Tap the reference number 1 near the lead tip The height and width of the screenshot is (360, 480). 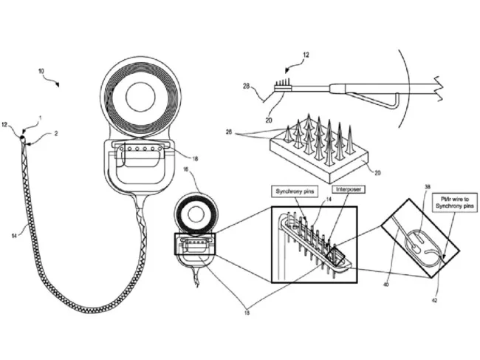40,119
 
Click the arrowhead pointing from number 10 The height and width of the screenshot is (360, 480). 57,84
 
